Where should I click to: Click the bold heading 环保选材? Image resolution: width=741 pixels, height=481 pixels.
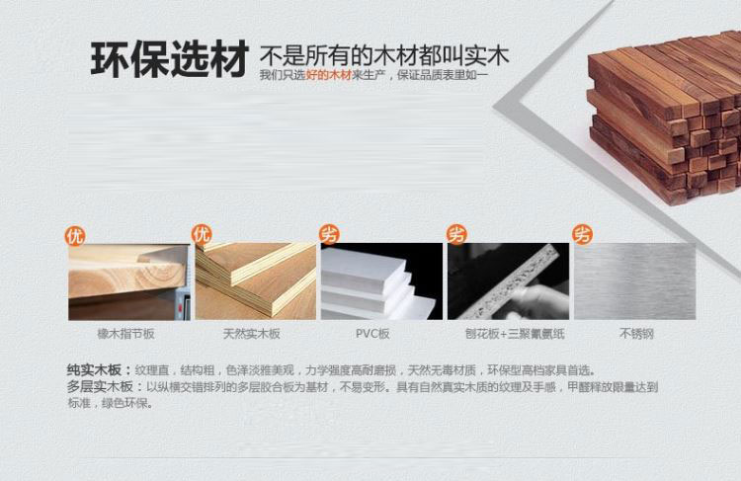169,58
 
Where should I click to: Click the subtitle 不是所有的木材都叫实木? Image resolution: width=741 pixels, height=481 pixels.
384,55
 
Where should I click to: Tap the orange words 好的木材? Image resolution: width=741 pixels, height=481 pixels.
328,75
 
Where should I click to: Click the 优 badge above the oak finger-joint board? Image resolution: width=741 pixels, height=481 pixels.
75,236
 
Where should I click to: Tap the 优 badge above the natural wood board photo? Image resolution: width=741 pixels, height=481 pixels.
202,234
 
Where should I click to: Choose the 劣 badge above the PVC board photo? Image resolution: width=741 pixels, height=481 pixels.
329,234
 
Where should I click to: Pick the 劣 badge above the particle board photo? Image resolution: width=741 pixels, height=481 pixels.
457,234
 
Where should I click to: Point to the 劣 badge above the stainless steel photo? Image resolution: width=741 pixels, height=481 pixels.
582,234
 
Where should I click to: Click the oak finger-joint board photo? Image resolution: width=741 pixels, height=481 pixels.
129,281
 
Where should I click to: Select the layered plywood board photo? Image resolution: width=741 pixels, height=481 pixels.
256,281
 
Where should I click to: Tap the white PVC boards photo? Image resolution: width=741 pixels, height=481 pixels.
381,281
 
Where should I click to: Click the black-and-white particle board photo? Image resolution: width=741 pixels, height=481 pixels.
509,281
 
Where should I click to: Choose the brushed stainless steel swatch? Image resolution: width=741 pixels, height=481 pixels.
635,281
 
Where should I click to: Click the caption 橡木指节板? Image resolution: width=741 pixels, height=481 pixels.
125,334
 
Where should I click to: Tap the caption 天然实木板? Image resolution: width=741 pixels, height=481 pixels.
251,334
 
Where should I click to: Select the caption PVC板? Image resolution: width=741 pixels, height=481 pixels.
372,334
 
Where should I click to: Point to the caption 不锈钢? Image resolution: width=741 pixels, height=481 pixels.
636,334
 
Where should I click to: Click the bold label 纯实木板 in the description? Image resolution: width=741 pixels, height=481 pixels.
94,369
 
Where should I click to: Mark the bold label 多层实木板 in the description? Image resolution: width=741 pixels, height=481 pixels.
100,387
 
